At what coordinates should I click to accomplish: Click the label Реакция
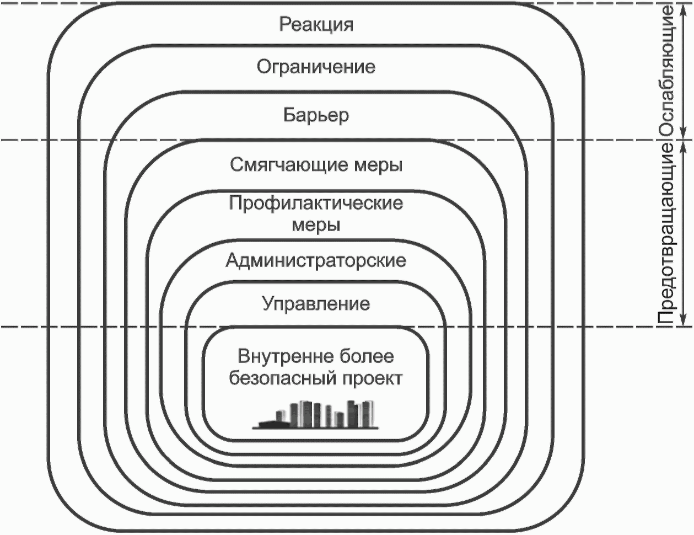[x=316, y=25]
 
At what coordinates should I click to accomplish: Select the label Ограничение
[x=316, y=67]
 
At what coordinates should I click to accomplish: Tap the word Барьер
[x=316, y=115]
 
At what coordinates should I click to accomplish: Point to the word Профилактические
[x=316, y=204]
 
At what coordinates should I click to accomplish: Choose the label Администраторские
[x=316, y=260]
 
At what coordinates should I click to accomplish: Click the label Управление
[x=316, y=304]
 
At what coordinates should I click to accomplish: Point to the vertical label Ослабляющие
[x=668, y=71]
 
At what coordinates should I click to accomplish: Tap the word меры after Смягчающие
[x=378, y=165]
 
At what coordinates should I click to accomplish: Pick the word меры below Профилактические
[x=316, y=226]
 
